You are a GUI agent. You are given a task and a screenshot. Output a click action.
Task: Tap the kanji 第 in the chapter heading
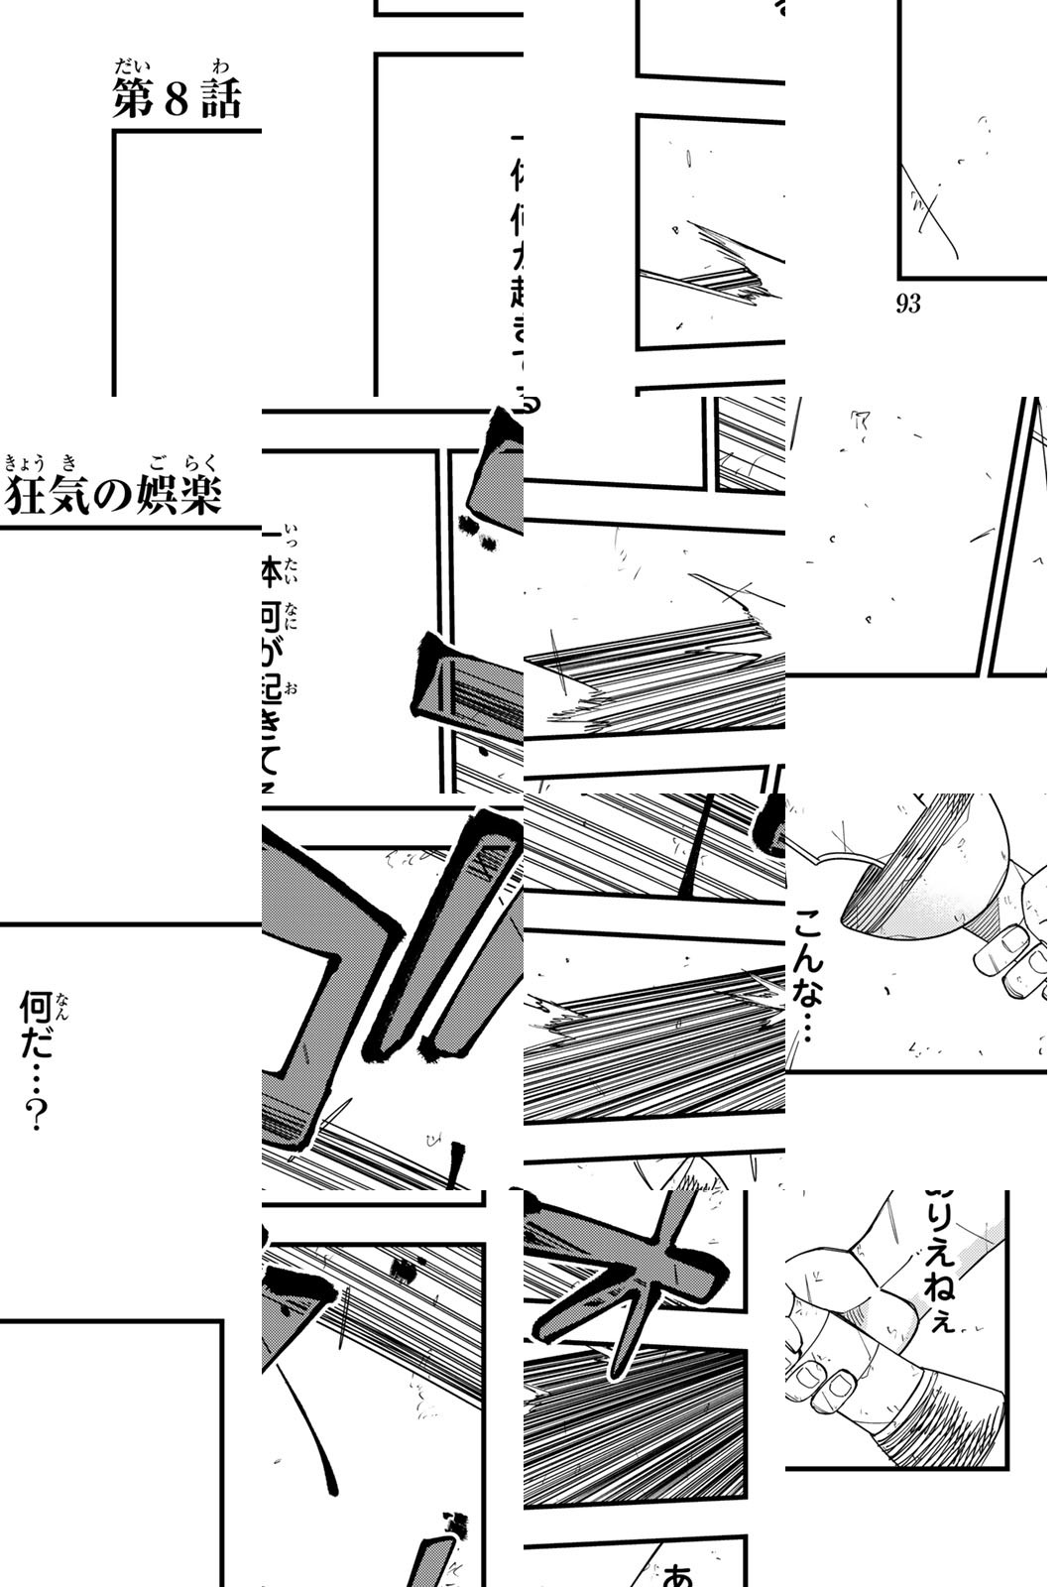tap(133, 100)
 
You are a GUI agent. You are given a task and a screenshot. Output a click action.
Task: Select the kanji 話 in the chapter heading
tap(221, 100)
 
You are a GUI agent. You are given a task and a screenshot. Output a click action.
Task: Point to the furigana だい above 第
tap(129, 68)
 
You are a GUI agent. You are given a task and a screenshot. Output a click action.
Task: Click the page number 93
tap(908, 305)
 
